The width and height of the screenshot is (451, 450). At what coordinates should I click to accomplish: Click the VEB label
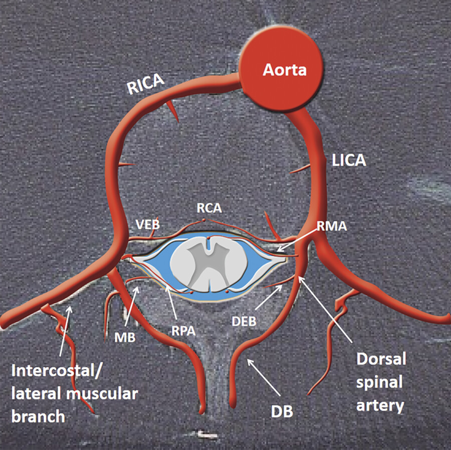click(x=148, y=224)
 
